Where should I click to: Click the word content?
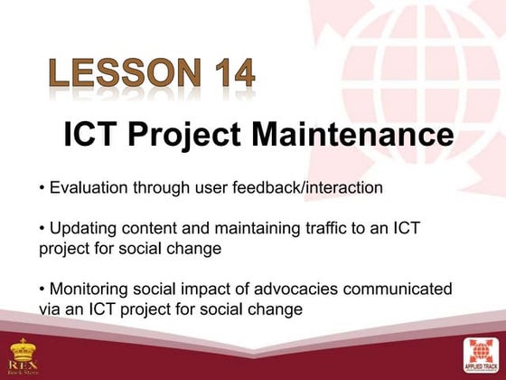pyautogui.click(x=163, y=227)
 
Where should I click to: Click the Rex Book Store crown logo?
pyautogui.click(x=23, y=356)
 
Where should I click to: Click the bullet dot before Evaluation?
pyautogui.click(x=42, y=189)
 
